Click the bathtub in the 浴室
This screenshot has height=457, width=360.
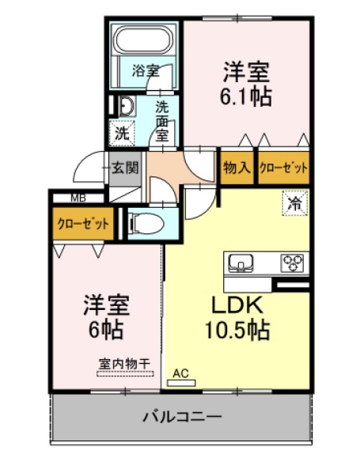(x=145, y=42)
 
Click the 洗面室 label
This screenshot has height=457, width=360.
(x=162, y=119)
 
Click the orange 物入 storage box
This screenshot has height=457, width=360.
(x=237, y=167)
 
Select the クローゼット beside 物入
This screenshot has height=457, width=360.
(x=283, y=167)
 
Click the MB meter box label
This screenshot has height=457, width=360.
(x=79, y=198)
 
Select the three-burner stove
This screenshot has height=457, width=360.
(x=292, y=262)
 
